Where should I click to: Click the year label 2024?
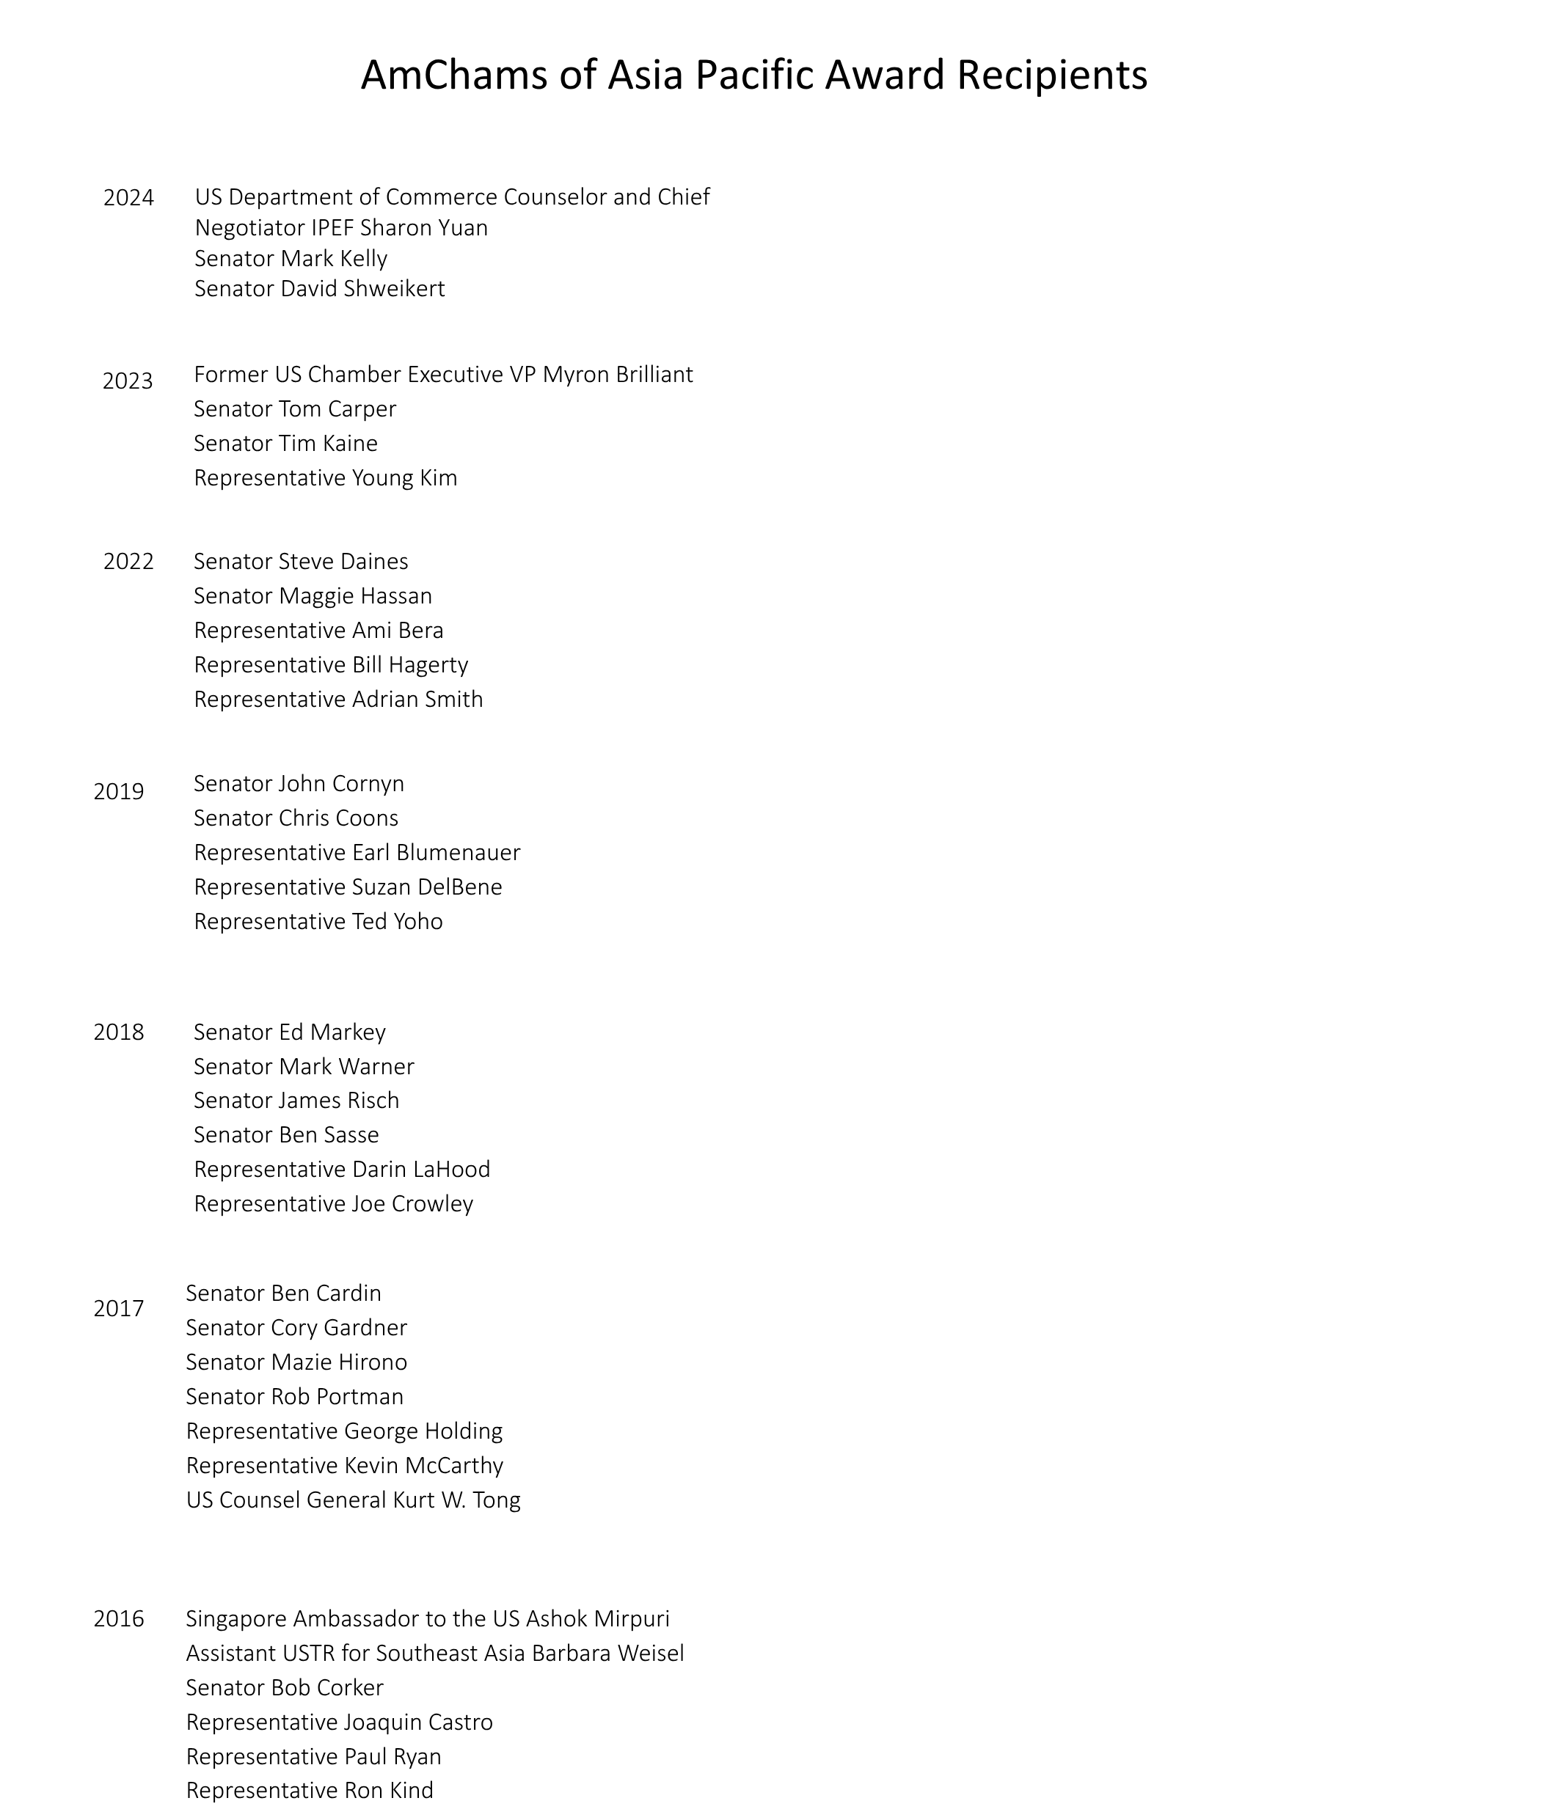tap(128, 198)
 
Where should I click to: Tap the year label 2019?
tap(119, 792)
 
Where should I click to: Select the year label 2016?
tap(119, 1620)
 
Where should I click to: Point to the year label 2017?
tap(119, 1309)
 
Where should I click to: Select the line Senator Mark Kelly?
tap(291, 258)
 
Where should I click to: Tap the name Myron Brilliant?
tap(618, 375)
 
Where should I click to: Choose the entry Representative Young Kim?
tap(326, 478)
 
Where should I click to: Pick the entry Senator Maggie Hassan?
tap(313, 596)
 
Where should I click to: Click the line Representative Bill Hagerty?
tap(331, 665)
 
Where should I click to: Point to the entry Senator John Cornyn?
tap(299, 784)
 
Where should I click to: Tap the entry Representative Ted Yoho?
tap(318, 922)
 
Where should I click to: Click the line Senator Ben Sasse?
tap(286, 1135)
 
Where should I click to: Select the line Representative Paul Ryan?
tap(313, 1757)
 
